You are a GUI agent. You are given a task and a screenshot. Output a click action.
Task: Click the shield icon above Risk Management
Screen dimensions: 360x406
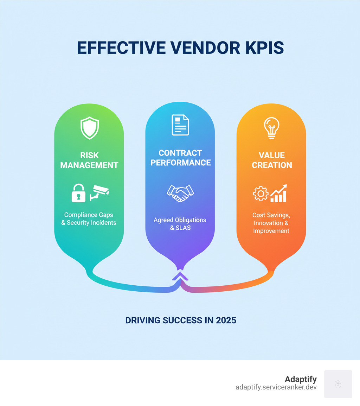[90, 128]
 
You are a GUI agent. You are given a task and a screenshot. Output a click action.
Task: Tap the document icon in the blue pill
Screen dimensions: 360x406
[180, 125]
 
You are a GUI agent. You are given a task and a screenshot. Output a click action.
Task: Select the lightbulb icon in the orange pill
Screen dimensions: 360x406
[271, 128]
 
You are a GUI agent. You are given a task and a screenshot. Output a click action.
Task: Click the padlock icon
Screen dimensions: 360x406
[78, 193]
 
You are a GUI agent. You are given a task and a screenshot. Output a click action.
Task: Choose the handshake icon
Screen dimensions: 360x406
[180, 193]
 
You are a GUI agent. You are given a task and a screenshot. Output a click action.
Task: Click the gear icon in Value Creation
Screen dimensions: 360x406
[261, 194]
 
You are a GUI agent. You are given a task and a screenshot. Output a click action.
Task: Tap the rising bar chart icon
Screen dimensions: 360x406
[279, 193]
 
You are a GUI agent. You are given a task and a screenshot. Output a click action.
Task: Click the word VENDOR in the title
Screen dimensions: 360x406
[205, 47]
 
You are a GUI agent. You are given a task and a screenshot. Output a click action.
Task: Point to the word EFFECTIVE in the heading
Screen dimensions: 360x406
[121, 47]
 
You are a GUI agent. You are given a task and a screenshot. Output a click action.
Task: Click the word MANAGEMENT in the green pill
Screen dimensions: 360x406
[89, 165]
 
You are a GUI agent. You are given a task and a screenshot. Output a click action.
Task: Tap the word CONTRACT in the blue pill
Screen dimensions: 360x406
[180, 153]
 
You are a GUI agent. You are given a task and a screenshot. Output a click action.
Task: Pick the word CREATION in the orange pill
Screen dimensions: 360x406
[272, 165]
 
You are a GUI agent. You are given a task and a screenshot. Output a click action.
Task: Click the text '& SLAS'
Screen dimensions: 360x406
[180, 228]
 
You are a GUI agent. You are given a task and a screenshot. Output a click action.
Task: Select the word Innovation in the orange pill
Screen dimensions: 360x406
[268, 223]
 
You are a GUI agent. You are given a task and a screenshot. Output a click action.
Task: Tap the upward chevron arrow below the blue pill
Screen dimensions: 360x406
[180, 276]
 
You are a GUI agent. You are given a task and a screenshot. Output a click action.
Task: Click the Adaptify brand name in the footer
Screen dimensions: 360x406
[301, 379]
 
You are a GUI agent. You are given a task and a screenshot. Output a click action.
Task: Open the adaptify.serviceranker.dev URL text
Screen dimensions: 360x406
[276, 387]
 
